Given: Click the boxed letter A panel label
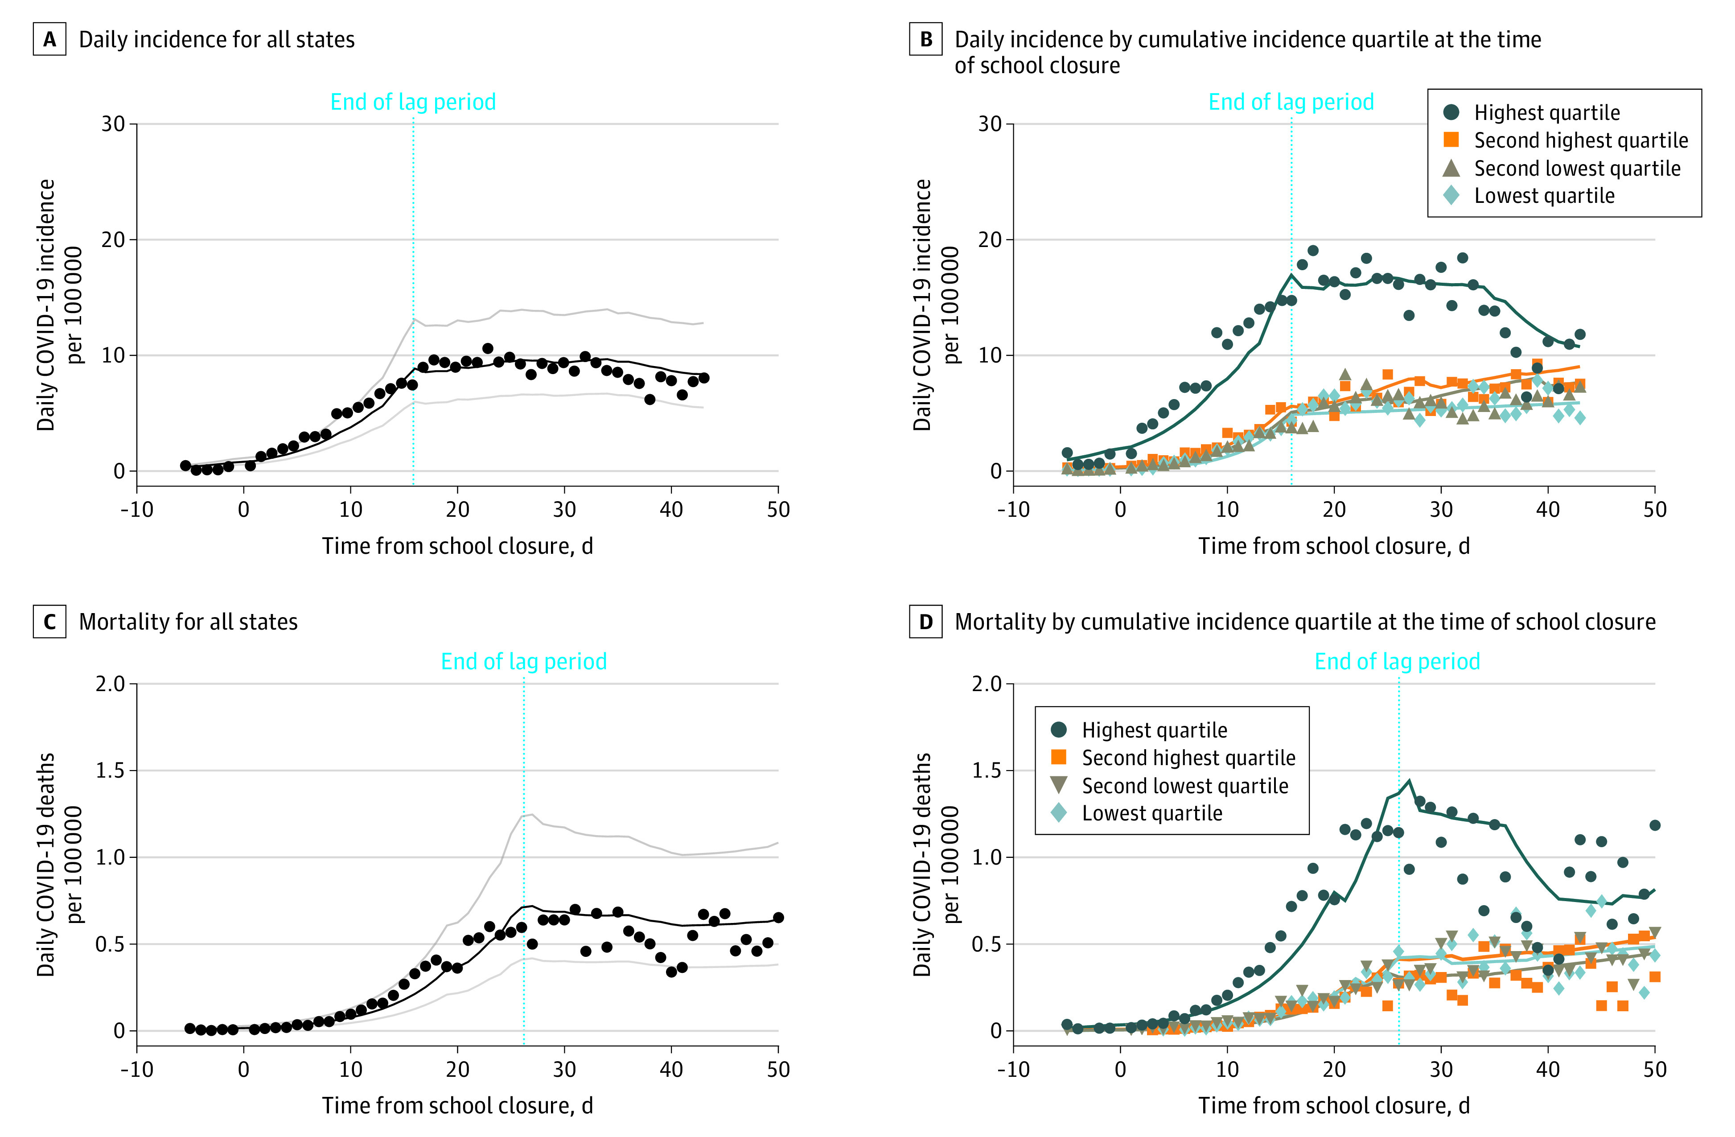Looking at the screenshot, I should (x=49, y=39).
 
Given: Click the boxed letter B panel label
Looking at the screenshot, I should (x=926, y=39).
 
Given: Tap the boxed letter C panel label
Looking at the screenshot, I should (x=49, y=622).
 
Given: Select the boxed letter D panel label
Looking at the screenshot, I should (x=926, y=622).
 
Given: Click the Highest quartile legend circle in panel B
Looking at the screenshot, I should (x=1451, y=112).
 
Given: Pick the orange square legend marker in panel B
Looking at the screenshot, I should (x=1451, y=140).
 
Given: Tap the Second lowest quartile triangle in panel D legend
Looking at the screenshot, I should (x=1059, y=786).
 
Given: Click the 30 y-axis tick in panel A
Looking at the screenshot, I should (x=113, y=124).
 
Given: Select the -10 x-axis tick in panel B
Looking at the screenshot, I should (x=1013, y=509).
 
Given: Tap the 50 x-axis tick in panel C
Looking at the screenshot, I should (x=778, y=1069).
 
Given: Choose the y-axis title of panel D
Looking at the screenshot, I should (x=935, y=864).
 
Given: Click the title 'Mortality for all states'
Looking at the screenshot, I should (x=188, y=622).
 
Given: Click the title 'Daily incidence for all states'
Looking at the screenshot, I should (x=217, y=39).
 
